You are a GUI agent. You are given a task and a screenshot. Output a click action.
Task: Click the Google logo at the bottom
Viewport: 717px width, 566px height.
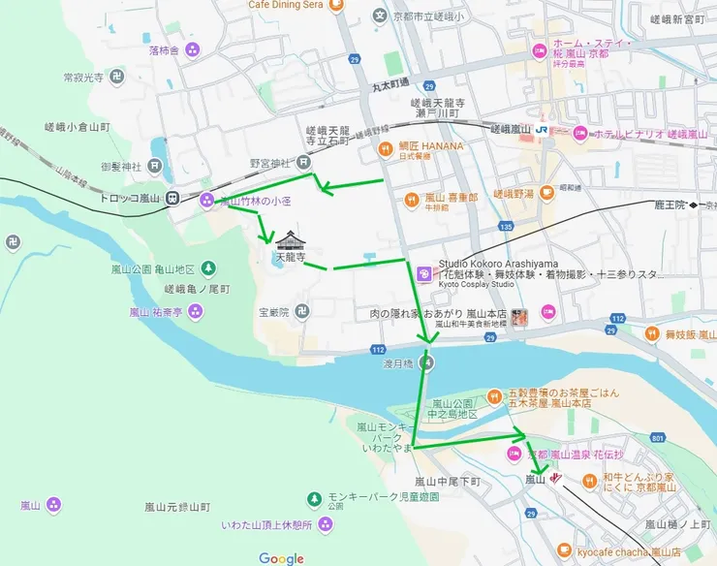click(281, 557)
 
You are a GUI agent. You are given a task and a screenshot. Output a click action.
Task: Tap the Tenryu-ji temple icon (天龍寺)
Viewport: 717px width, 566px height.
click(290, 240)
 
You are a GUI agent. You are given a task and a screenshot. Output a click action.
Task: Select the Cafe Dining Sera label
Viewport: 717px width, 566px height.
click(286, 5)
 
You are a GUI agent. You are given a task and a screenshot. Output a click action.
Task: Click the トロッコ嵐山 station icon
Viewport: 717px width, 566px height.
click(172, 199)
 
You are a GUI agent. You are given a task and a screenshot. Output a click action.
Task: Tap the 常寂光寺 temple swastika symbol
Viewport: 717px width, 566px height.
click(116, 76)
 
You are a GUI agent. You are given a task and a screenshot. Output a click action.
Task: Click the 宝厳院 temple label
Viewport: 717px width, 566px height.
click(275, 312)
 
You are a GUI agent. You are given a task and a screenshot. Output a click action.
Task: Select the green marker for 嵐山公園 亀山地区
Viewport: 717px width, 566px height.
click(208, 267)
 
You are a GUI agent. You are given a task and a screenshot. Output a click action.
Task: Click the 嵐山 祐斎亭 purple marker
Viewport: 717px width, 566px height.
click(197, 311)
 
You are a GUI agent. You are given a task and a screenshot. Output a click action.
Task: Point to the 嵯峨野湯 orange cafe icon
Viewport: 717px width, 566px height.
click(547, 193)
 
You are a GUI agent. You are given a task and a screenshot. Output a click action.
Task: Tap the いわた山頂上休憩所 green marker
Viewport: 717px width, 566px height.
click(326, 525)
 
